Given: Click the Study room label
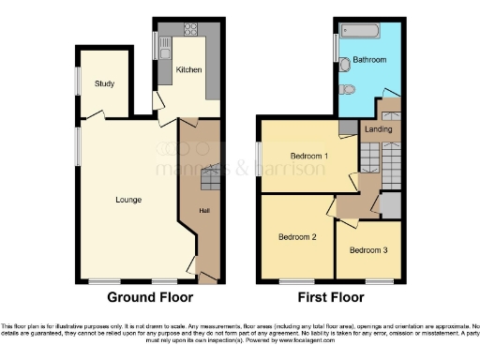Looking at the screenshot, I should point(104,84).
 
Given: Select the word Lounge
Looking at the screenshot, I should point(128,199).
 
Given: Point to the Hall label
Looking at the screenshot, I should point(202,210).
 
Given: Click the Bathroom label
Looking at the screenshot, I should point(369,61).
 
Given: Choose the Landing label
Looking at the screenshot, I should point(378,129).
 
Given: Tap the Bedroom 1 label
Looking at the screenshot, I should point(307,156).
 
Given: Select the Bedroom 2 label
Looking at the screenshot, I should point(296,236).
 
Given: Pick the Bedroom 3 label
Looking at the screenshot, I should point(367,250).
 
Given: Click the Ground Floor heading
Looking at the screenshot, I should point(150,298).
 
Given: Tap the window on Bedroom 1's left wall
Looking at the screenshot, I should point(261,156).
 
